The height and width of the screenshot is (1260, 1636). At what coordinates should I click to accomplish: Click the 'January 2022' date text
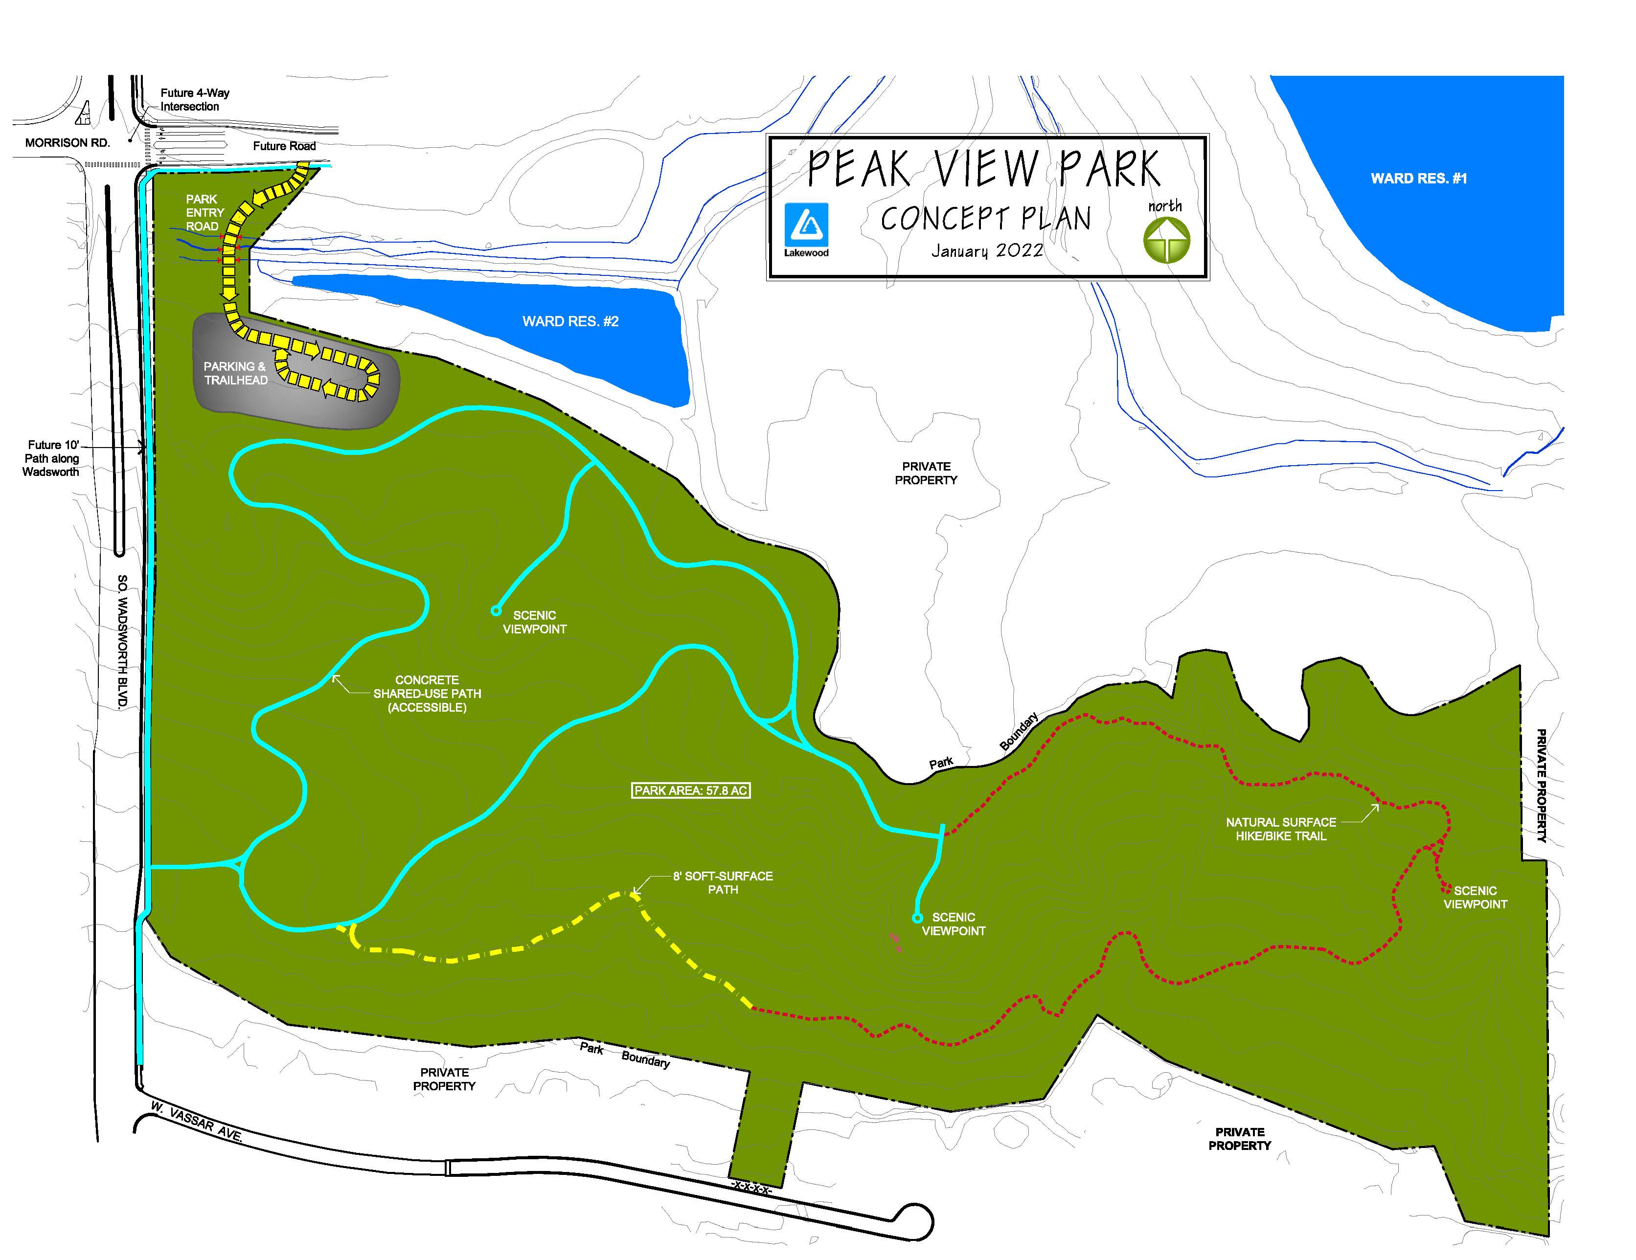click(x=987, y=251)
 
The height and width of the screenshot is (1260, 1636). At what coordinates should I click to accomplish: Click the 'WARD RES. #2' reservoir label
click(x=570, y=321)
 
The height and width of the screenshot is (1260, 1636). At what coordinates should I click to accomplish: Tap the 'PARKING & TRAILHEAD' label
click(x=235, y=373)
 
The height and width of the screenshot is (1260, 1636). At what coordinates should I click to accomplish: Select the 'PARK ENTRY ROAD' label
click(x=204, y=213)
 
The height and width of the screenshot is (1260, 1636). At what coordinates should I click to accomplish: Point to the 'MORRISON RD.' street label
click(x=68, y=142)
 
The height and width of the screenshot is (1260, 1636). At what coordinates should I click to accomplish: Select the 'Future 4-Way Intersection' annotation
click(x=194, y=100)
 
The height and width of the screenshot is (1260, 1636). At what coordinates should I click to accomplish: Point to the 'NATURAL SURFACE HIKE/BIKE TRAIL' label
click(x=1280, y=829)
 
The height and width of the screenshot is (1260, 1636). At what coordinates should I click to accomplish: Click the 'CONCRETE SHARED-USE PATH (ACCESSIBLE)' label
click(x=427, y=694)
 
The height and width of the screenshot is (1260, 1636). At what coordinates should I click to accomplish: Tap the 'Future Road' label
click(x=284, y=146)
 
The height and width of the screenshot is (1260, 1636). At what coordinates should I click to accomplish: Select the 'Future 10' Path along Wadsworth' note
click(x=51, y=458)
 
